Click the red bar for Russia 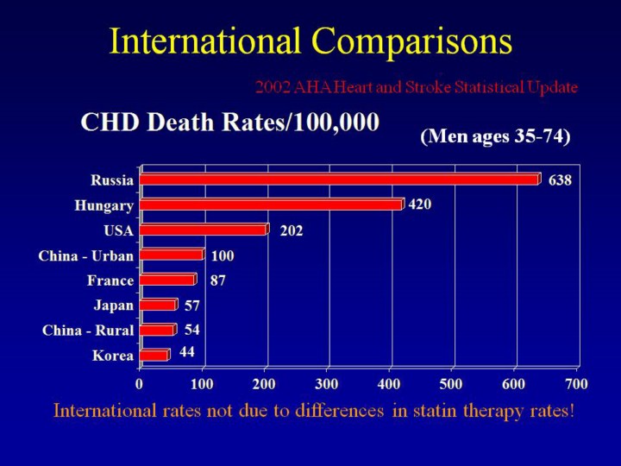pos(339,179)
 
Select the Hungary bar pos(271,205)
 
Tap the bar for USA pos(204,230)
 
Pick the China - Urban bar pos(172,255)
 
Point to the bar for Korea pos(154,355)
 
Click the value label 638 pos(560,180)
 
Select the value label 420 pos(420,205)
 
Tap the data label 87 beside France pos(218,280)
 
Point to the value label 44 pos(187,351)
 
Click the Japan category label pos(113,305)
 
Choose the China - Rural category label pos(88,331)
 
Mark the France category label pos(110,280)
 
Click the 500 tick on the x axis pos(452,382)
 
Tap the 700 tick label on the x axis pos(577,382)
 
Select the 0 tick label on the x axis pos(139,382)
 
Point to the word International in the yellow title pos(206,41)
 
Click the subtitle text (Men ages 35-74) pos(495,136)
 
